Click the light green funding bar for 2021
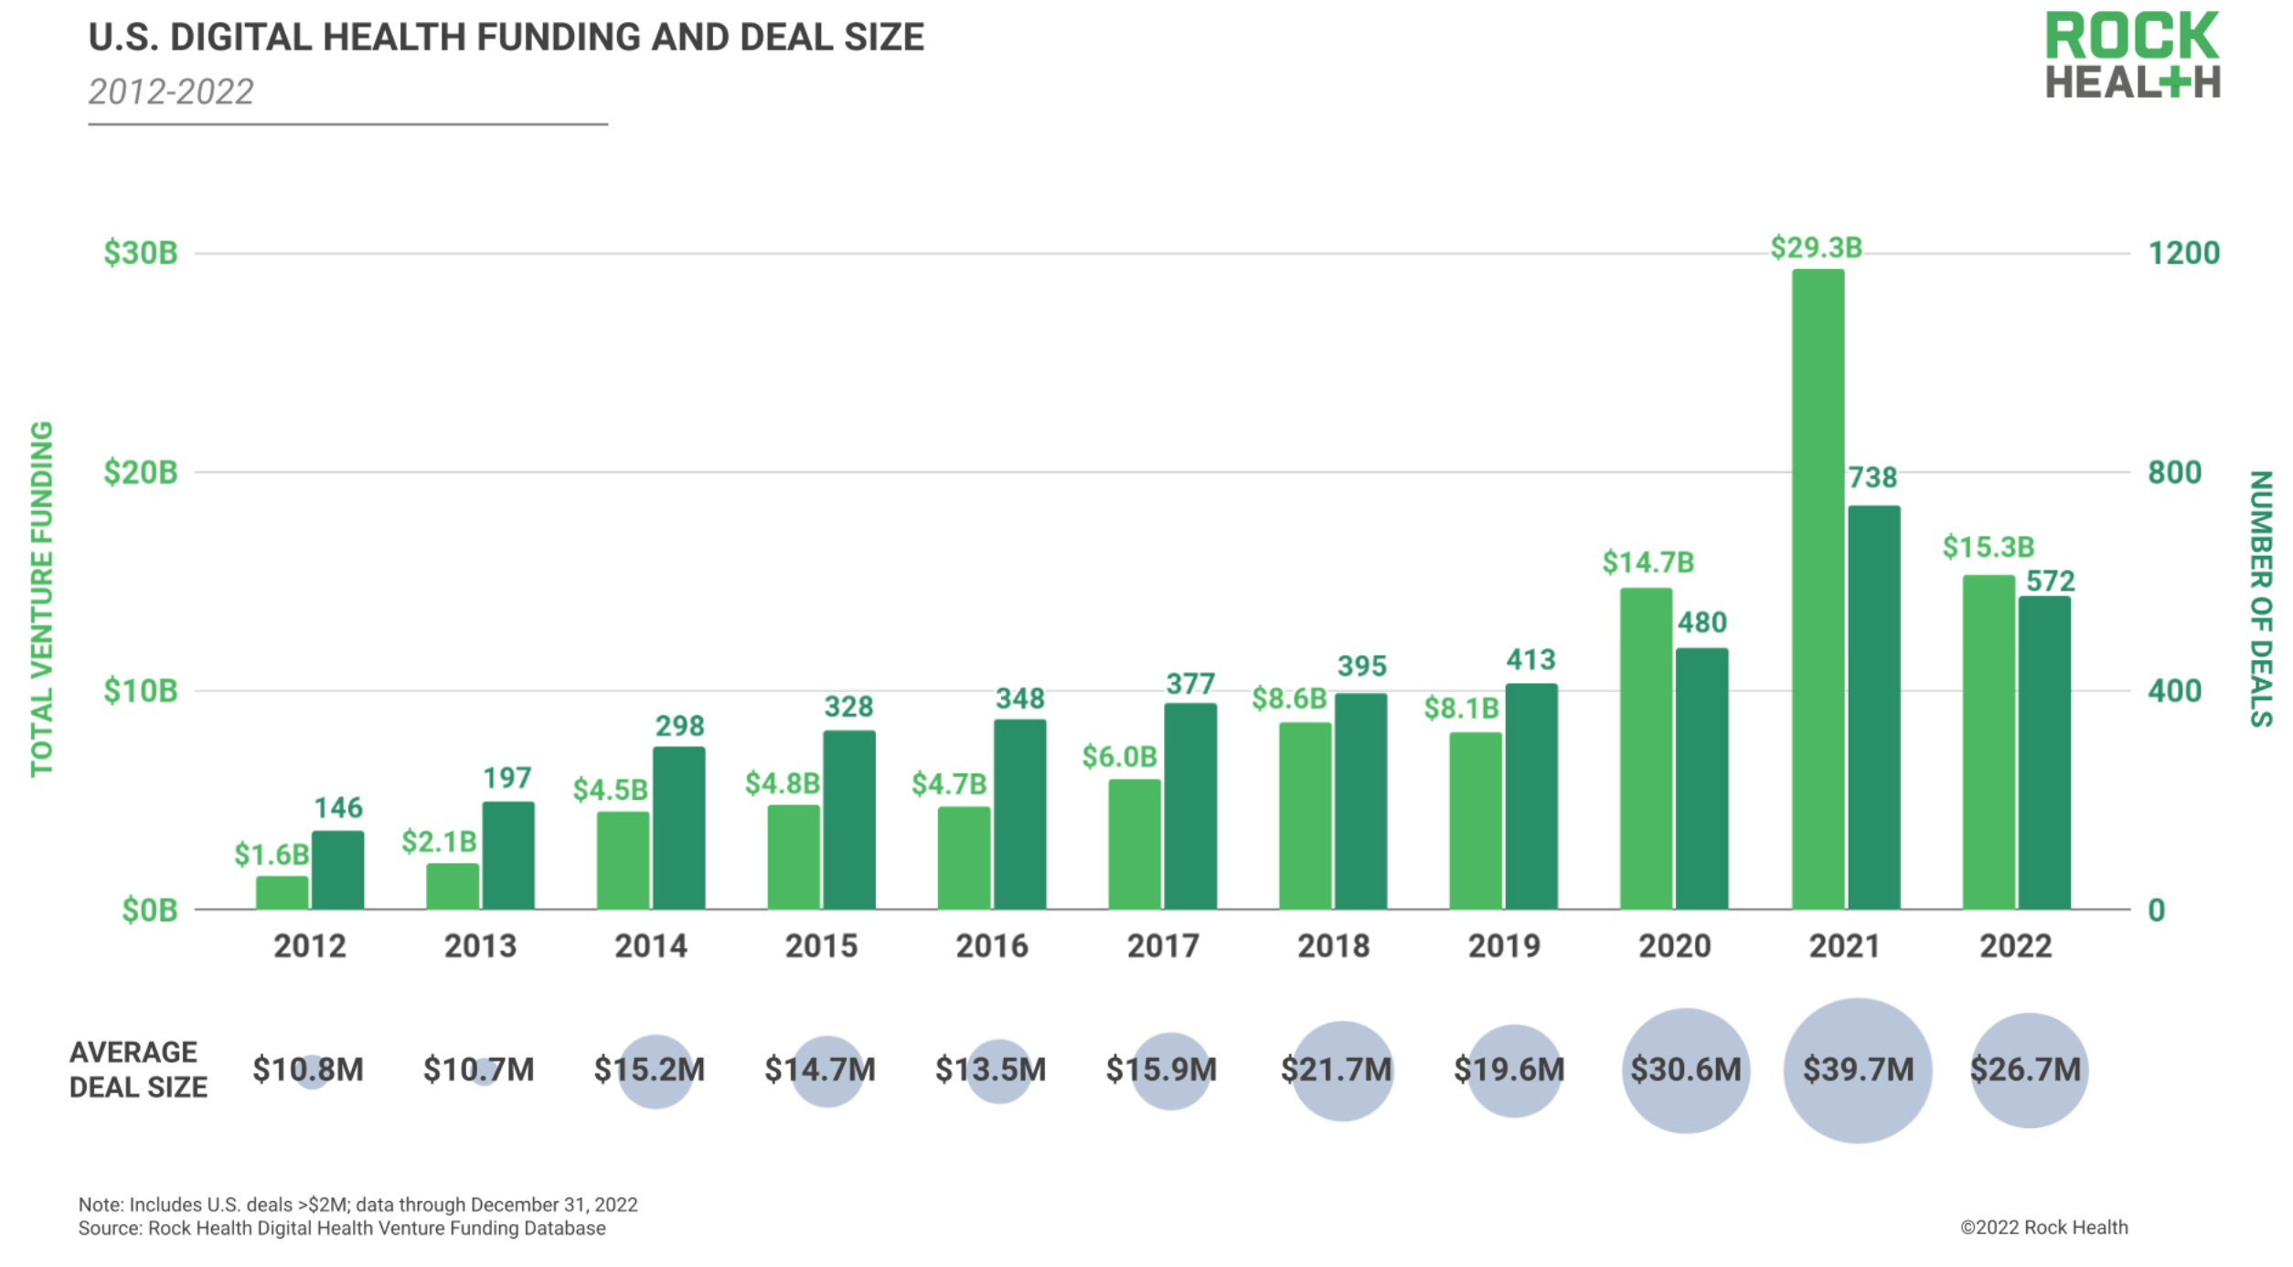point(1818,590)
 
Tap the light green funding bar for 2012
point(282,892)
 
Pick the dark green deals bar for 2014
point(678,827)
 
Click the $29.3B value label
point(1816,248)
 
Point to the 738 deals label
point(1872,477)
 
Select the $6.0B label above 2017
point(1119,757)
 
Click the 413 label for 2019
point(1530,660)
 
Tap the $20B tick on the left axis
point(141,473)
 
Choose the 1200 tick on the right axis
point(2183,253)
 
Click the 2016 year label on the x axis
point(992,946)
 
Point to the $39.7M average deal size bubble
point(1858,1070)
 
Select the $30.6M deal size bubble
point(1686,1070)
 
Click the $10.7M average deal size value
point(478,1070)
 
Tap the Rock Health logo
point(2132,55)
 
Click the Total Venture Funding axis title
point(42,599)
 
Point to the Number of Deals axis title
point(2260,599)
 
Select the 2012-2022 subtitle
point(171,92)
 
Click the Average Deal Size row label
point(138,1070)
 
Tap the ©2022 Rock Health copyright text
point(2043,1228)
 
